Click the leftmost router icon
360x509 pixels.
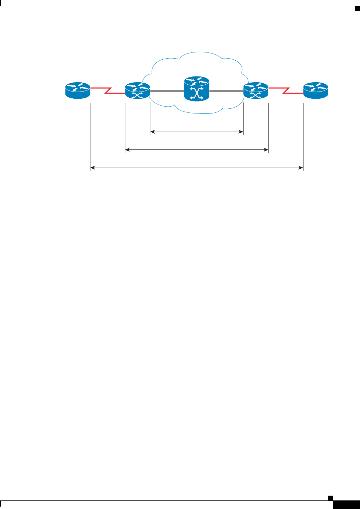[78, 90]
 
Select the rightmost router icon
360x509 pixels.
[316, 90]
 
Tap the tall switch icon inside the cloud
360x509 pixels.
[197, 89]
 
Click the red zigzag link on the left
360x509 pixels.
[108, 91]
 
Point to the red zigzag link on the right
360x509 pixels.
[286, 91]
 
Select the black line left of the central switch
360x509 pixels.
[167, 91]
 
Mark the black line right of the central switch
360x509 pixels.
[226, 91]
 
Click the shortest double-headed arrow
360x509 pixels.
[197, 131]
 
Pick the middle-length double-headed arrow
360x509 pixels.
[197, 149]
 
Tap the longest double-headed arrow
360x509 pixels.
[197, 168]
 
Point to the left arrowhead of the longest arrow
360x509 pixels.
[92, 168]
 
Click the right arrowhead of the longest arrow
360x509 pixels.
[301, 168]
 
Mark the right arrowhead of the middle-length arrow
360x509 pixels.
[266, 149]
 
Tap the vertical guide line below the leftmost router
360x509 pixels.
[90, 137]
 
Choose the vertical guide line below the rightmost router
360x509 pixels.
[303, 137]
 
